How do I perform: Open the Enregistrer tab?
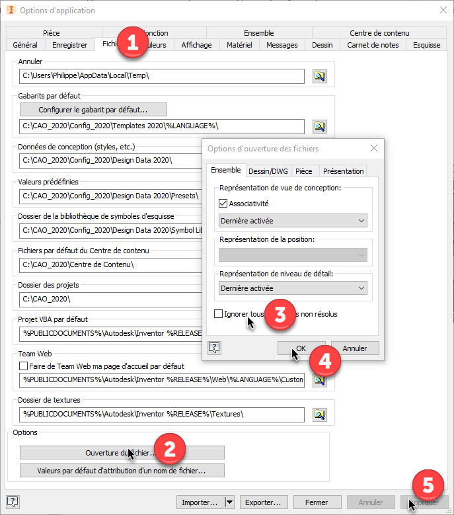(x=70, y=45)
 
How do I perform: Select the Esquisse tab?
(x=427, y=45)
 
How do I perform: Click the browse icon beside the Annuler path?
(x=320, y=76)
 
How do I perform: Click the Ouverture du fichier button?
(x=122, y=453)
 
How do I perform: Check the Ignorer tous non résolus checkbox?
(x=218, y=314)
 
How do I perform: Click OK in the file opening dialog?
(x=301, y=348)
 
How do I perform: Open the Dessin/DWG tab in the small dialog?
(x=268, y=171)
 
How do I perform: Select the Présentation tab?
(x=344, y=171)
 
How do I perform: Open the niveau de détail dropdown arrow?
(x=361, y=288)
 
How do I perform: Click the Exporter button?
(x=264, y=502)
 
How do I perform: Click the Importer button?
(x=199, y=502)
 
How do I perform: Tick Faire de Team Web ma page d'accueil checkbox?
(x=24, y=366)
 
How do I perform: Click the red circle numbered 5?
(x=428, y=485)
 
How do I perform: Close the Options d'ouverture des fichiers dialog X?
(x=374, y=148)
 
